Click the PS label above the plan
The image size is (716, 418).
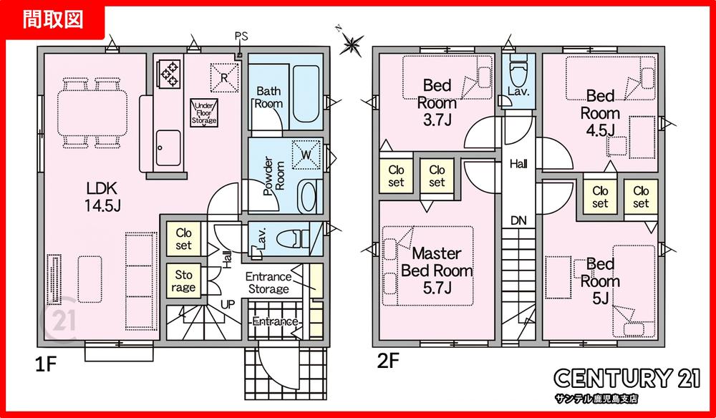(241, 37)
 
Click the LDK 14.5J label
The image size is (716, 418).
(102, 197)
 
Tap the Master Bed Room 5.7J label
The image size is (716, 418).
(437, 271)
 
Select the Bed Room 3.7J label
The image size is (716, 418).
(437, 102)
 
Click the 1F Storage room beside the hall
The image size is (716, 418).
(183, 281)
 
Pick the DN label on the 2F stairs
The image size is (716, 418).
(518, 221)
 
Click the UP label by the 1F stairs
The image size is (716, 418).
(228, 304)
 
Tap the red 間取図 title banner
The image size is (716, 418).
(54, 21)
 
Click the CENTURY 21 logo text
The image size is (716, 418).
(627, 379)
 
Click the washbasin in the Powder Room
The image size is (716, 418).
(310, 197)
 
